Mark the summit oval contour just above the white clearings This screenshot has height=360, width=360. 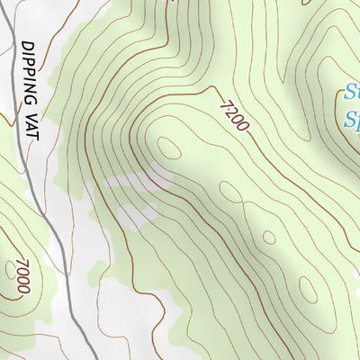pyautogui.click(x=167, y=147)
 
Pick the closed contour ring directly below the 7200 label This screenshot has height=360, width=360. pyautogui.click(x=230, y=191)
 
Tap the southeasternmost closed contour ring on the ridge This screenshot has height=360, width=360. pyautogui.click(x=308, y=289)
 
